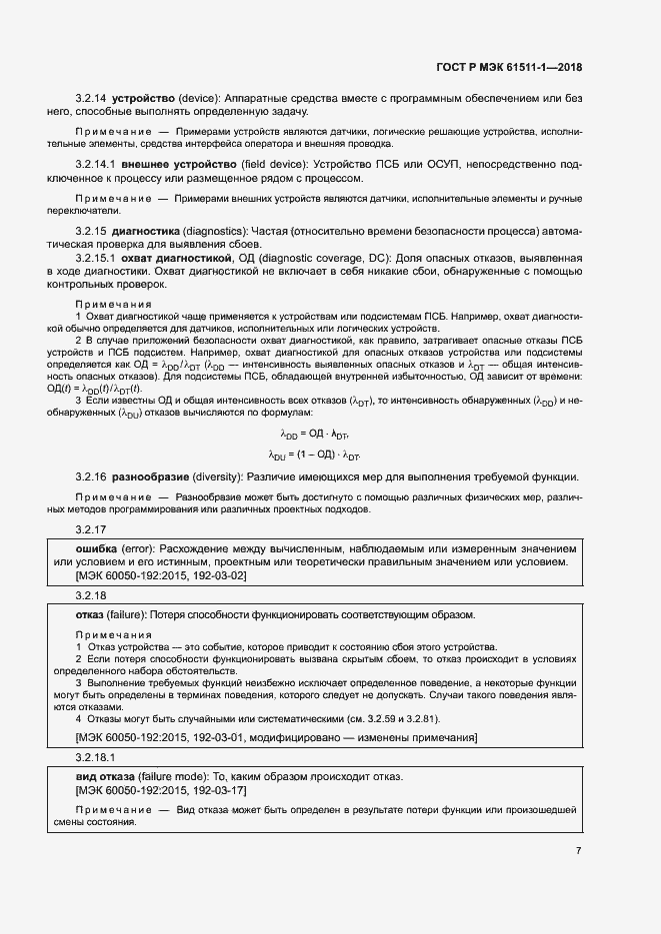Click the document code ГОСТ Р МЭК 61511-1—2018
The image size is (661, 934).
[509, 68]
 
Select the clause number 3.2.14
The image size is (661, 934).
[92, 99]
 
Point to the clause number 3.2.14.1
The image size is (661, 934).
[97, 164]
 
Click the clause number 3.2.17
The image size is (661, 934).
[92, 529]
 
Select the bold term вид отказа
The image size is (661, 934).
[110, 776]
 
